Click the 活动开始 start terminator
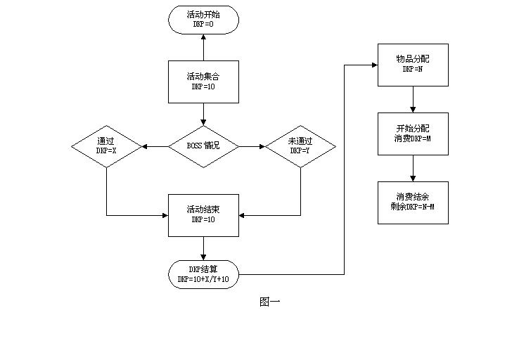[x=203, y=19]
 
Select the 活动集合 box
[x=203, y=81]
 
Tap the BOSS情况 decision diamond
[x=203, y=146]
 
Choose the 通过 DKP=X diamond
[x=106, y=146]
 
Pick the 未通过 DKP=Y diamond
[x=300, y=146]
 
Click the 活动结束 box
[x=203, y=214]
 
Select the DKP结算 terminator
[x=203, y=274]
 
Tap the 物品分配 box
[x=413, y=65]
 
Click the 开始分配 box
[x=413, y=134]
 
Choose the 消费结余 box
[x=413, y=202]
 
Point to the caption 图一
[x=270, y=302]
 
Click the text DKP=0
[x=203, y=24]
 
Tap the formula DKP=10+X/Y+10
[x=203, y=279]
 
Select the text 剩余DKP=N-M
[x=413, y=207]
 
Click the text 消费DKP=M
[x=413, y=139]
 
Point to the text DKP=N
[x=413, y=70]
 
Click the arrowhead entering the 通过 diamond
[x=144, y=146]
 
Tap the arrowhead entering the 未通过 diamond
[x=262, y=146]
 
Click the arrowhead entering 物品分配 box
[x=374, y=65]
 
